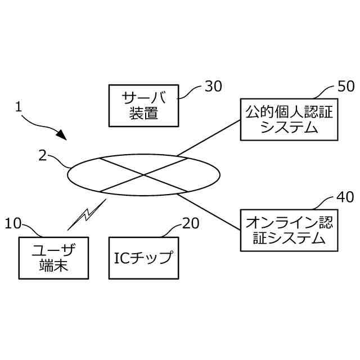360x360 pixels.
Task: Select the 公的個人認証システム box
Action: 289,119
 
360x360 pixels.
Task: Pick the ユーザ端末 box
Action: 54,257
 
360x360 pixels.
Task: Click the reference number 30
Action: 213,86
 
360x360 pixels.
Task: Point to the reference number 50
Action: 345,86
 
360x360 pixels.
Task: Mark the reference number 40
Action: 345,197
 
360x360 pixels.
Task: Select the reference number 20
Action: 191,223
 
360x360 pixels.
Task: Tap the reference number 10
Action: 13,223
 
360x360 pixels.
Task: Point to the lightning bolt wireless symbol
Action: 86,214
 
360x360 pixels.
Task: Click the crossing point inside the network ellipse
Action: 144,174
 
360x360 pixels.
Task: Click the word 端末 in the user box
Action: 54,265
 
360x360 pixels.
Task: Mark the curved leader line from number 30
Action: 191,90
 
